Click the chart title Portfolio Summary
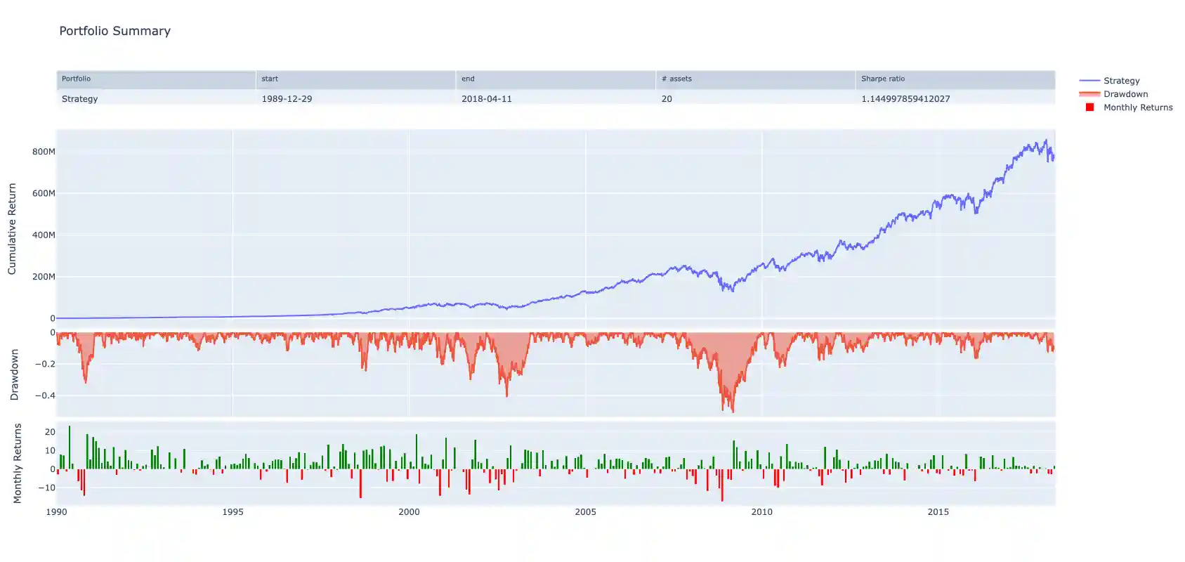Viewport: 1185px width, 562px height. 114,31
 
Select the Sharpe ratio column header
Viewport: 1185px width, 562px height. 883,79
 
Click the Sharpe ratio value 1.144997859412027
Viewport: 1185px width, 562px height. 905,99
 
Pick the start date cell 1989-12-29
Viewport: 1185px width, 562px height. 287,99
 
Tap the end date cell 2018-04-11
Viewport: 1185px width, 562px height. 486,99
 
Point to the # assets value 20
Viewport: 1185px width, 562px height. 667,99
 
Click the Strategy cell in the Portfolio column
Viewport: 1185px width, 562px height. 79,99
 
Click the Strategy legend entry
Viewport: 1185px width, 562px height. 1121,81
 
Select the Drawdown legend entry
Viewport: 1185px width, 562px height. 1125,94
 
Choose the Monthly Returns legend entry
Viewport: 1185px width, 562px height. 1137,107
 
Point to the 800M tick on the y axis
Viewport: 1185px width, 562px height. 44,152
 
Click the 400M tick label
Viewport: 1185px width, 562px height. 44,235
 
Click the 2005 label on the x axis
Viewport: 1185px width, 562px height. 585,512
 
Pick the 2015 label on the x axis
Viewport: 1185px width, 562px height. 938,512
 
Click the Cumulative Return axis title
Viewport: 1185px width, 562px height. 12,229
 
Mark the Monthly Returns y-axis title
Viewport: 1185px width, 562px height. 18,464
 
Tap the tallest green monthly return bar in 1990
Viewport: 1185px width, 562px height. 69,427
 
